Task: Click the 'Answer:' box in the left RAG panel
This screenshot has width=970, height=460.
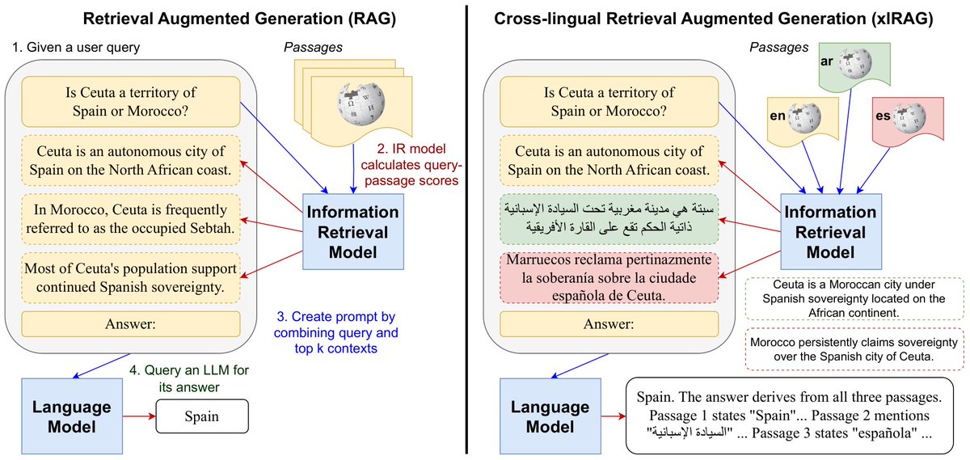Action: click(x=132, y=324)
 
